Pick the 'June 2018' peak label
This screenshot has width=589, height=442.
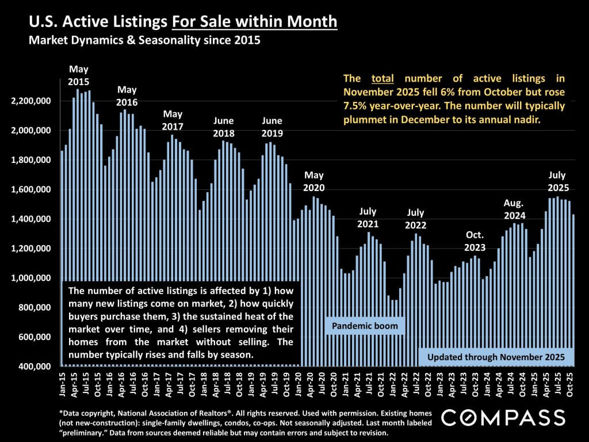click(x=223, y=127)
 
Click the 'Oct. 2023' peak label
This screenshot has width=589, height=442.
click(x=475, y=241)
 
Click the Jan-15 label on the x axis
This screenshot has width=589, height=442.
click(x=62, y=383)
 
